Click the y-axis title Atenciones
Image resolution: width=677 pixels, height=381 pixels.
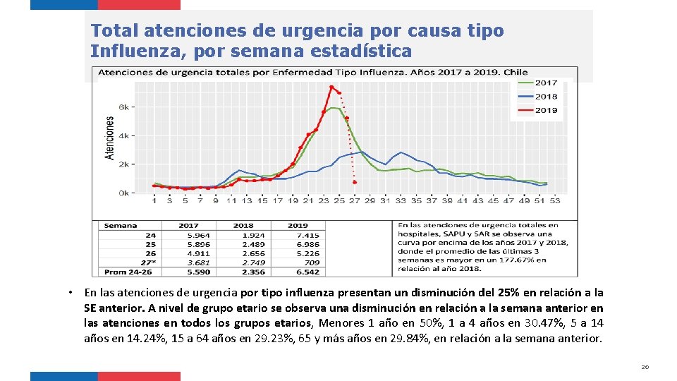point(110,138)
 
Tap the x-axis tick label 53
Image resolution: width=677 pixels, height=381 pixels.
point(554,201)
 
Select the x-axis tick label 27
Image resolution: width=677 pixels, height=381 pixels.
point(354,201)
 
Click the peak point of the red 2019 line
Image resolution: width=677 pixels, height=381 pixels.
point(331,87)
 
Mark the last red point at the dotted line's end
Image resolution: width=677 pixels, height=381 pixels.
point(355,183)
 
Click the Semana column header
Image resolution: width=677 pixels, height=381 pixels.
point(121,226)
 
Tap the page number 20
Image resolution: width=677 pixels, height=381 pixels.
point(645,367)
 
